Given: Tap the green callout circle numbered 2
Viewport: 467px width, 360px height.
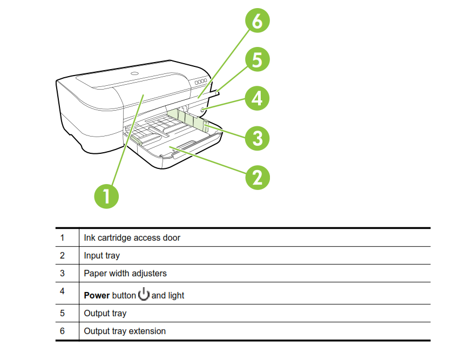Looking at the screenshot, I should [257, 176].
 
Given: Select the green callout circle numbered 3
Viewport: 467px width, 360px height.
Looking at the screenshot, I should [257, 137].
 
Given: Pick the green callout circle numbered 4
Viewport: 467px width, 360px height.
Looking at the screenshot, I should [257, 98].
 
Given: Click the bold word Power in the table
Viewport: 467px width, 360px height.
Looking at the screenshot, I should [97, 296].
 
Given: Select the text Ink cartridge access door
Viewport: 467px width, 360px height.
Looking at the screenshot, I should [132, 237].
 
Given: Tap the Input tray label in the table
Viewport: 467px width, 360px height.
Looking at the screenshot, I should [101, 255].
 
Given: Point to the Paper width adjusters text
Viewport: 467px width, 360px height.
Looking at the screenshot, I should [125, 273].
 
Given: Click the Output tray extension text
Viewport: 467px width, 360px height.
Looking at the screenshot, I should [125, 331].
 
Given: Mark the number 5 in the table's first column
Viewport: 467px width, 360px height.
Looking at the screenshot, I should [62, 313].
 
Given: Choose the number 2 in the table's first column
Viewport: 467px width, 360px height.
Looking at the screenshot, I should [62, 255].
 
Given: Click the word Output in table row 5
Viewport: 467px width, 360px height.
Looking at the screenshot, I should [97, 313].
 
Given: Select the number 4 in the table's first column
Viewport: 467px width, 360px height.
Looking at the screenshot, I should [62, 291].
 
